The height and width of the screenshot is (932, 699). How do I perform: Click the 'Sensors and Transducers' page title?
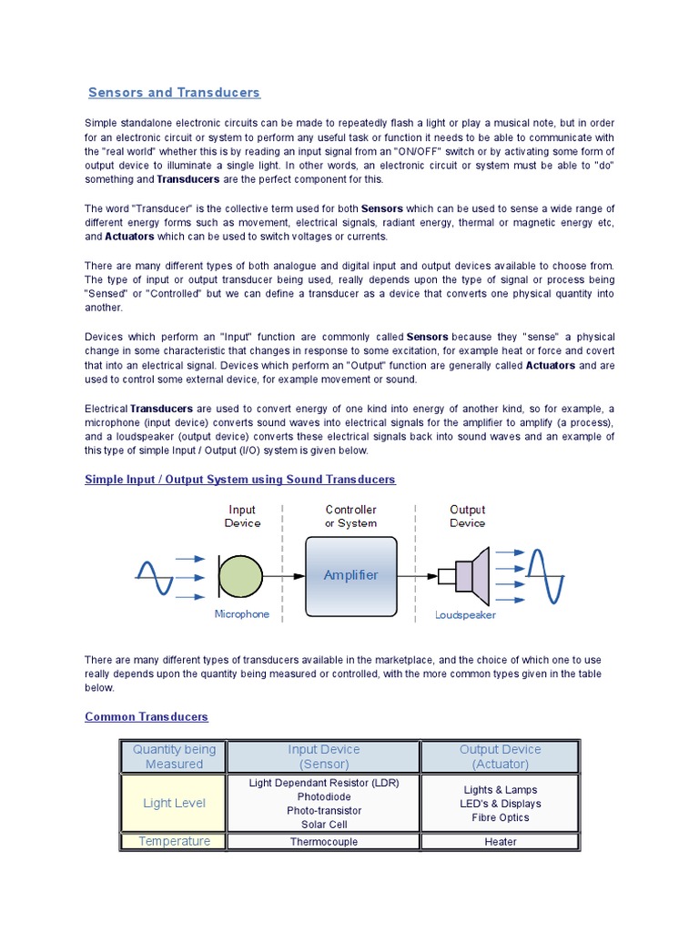pyautogui.click(x=174, y=93)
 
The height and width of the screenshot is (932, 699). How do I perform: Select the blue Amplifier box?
pyautogui.click(x=350, y=575)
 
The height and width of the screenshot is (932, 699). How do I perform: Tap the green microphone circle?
pyautogui.click(x=240, y=576)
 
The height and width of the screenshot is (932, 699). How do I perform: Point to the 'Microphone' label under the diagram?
pyautogui.click(x=242, y=614)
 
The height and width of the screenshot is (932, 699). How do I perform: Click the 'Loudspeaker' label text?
pyautogui.click(x=465, y=615)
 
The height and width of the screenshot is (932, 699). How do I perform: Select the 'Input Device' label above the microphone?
pyautogui.click(x=242, y=516)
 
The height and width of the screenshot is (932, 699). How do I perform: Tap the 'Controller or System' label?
pyautogui.click(x=350, y=516)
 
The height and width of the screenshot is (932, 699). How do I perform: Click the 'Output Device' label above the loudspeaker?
pyautogui.click(x=468, y=516)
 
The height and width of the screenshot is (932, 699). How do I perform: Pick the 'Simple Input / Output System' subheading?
pyautogui.click(x=240, y=480)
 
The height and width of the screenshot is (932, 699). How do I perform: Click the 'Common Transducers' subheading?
pyautogui.click(x=147, y=717)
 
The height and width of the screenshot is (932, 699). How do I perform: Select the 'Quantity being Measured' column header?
pyautogui.click(x=175, y=756)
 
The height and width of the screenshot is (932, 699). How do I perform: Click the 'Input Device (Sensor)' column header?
pyautogui.click(x=324, y=756)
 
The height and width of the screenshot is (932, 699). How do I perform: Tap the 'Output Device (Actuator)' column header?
pyautogui.click(x=501, y=756)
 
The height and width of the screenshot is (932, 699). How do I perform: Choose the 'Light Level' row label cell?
pyautogui.click(x=175, y=803)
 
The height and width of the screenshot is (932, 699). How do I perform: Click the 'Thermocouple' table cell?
pyautogui.click(x=324, y=842)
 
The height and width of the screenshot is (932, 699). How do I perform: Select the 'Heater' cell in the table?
pyautogui.click(x=501, y=842)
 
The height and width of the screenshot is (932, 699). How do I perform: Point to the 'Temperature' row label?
pyautogui.click(x=175, y=842)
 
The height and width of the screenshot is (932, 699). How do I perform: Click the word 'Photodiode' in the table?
pyautogui.click(x=324, y=796)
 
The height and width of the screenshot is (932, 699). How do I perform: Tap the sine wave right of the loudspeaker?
pyautogui.click(x=547, y=575)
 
